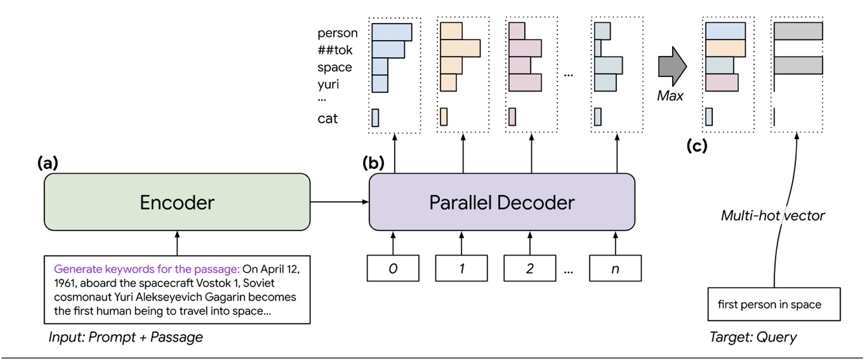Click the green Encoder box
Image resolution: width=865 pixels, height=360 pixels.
pyautogui.click(x=177, y=202)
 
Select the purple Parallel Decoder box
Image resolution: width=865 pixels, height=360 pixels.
pyautogui.click(x=501, y=202)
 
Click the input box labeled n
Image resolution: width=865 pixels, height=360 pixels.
pyautogui.click(x=616, y=268)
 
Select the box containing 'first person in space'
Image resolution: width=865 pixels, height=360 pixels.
pyautogui.click(x=769, y=305)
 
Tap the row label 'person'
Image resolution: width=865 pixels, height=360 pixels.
pyautogui.click(x=338, y=33)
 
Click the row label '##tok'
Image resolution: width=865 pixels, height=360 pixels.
pyautogui.click(x=335, y=50)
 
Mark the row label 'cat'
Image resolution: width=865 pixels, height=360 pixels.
pyautogui.click(x=328, y=119)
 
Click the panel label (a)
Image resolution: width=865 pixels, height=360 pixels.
pyautogui.click(x=48, y=164)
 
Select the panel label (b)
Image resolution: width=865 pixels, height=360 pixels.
pyautogui.click(x=373, y=164)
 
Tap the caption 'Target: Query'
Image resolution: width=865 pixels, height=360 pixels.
pyautogui.click(x=752, y=338)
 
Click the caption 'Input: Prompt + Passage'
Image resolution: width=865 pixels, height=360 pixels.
pyautogui.click(x=125, y=338)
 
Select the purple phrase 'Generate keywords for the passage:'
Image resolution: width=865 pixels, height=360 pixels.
pyautogui.click(x=147, y=268)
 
